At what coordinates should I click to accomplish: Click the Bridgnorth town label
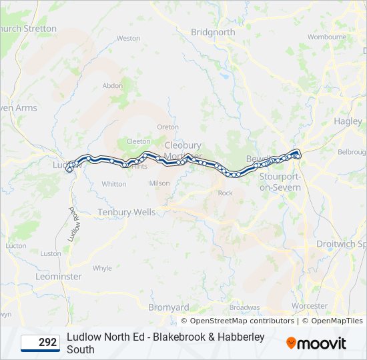(213, 32)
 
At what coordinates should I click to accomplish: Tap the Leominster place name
(59, 276)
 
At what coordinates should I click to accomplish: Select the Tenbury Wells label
(127, 212)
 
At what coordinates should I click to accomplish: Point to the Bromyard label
(167, 307)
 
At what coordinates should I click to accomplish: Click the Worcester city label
(310, 306)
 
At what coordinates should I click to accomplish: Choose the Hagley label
(348, 121)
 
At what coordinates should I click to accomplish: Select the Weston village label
(128, 39)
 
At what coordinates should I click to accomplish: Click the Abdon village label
(113, 85)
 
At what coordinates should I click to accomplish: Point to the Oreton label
(167, 127)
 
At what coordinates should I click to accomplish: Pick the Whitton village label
(114, 184)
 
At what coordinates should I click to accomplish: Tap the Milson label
(159, 183)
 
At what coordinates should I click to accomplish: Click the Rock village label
(225, 193)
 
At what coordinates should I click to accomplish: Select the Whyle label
(102, 268)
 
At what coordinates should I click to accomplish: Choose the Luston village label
(51, 253)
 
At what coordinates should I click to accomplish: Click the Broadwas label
(244, 307)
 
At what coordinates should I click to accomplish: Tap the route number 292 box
(40, 343)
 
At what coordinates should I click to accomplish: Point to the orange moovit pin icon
(292, 343)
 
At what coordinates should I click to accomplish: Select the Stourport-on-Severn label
(280, 182)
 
